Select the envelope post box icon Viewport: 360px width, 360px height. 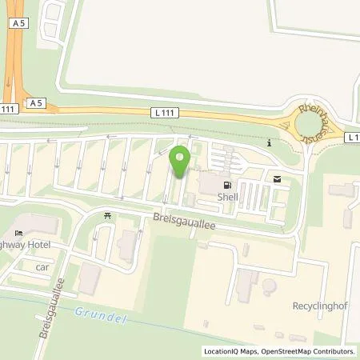pyautogui.click(x=277, y=179)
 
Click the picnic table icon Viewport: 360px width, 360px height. pyautogui.click(x=107, y=215)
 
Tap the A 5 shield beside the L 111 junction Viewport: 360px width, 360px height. pyautogui.click(x=34, y=103)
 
